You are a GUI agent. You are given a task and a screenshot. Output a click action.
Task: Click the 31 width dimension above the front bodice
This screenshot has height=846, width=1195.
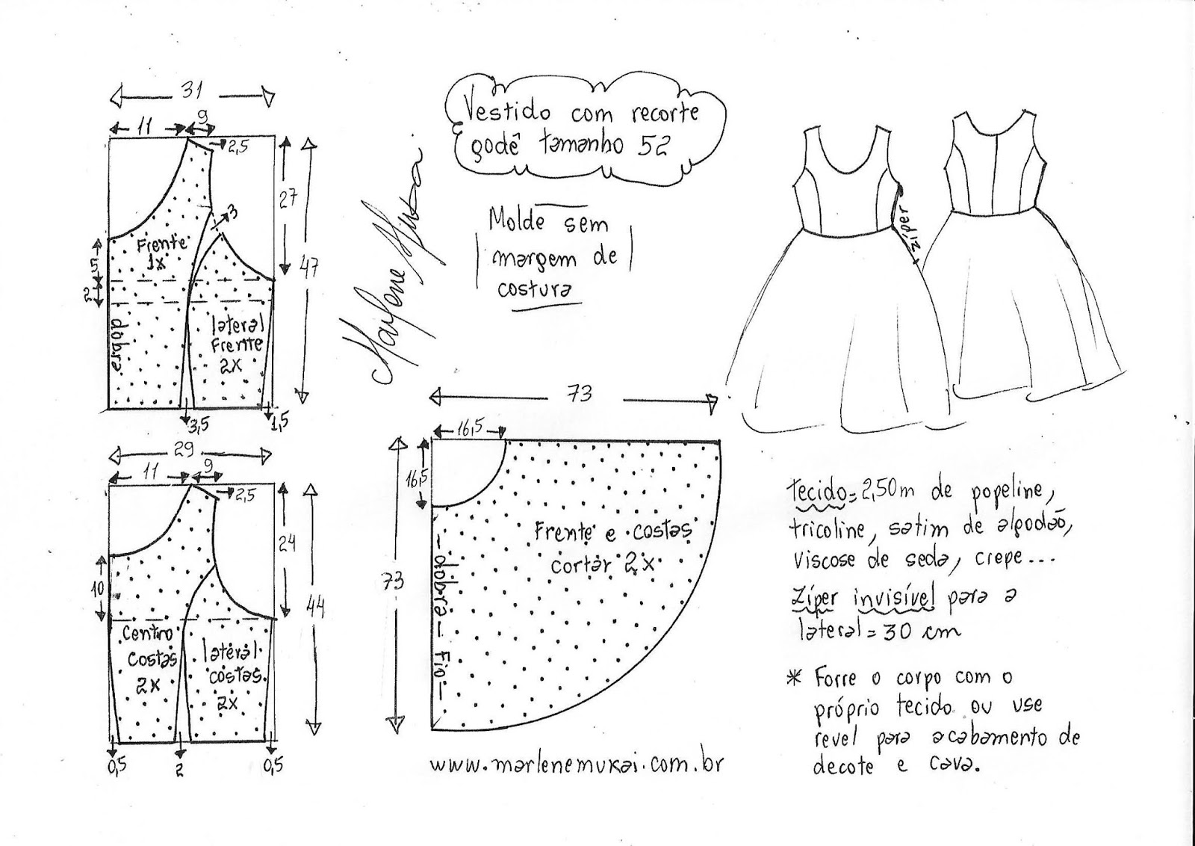(x=193, y=90)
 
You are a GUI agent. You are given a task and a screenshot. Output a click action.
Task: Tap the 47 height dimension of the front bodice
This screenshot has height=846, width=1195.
(x=310, y=265)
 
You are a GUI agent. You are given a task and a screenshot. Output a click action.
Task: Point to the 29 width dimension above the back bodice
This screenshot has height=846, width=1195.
(x=184, y=450)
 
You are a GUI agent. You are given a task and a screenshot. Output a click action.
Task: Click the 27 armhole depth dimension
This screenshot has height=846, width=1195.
(x=288, y=198)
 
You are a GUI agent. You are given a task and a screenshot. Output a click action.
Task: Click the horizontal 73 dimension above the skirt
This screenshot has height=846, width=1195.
(x=580, y=393)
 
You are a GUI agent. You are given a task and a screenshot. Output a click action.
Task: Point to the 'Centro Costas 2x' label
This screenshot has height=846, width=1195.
(x=149, y=658)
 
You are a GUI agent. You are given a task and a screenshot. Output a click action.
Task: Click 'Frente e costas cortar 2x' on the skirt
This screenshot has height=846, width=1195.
(x=612, y=547)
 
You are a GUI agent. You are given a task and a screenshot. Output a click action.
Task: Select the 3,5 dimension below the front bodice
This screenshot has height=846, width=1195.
(x=197, y=425)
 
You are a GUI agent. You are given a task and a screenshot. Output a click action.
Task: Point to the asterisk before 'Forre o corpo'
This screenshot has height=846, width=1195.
(x=793, y=678)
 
